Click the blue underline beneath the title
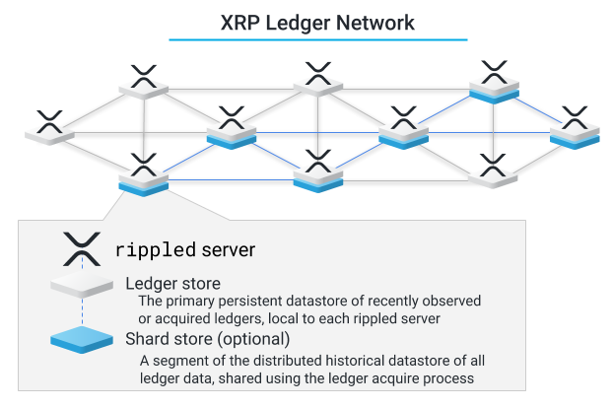coord(317,39)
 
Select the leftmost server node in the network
coord(49,128)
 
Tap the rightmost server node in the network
coord(574,128)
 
